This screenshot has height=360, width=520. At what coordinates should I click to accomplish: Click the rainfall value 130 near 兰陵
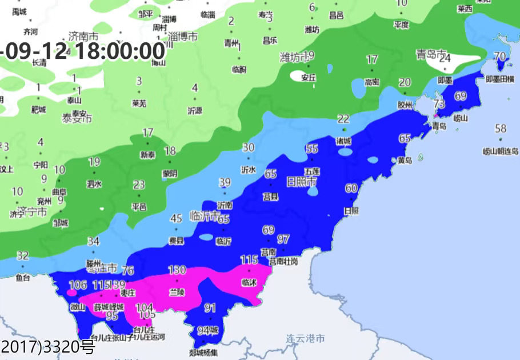(178, 270)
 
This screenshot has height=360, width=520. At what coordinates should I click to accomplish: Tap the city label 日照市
(301, 182)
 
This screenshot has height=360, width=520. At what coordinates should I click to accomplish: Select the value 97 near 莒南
(283, 239)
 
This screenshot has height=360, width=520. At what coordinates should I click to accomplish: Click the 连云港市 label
(305, 338)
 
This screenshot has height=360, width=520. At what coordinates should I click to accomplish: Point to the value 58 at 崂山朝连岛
(501, 129)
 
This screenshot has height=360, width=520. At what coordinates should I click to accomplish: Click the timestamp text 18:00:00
(119, 51)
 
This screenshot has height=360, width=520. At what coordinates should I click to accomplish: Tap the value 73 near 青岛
(439, 104)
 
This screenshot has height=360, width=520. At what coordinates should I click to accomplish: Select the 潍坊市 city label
(293, 57)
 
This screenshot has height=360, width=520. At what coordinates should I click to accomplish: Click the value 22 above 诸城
(343, 119)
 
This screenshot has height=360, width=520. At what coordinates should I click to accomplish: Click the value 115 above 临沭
(249, 260)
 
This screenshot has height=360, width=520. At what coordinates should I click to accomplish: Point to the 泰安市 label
(77, 119)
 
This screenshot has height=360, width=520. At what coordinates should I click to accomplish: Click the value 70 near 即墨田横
(499, 56)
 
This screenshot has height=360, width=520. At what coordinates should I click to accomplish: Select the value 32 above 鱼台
(23, 255)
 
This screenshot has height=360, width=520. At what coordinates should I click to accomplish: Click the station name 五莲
(312, 171)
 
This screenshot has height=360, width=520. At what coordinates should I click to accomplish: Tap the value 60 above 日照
(351, 188)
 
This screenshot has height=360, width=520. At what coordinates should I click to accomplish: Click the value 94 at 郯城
(204, 330)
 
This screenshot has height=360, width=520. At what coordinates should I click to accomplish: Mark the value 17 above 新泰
(148, 133)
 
